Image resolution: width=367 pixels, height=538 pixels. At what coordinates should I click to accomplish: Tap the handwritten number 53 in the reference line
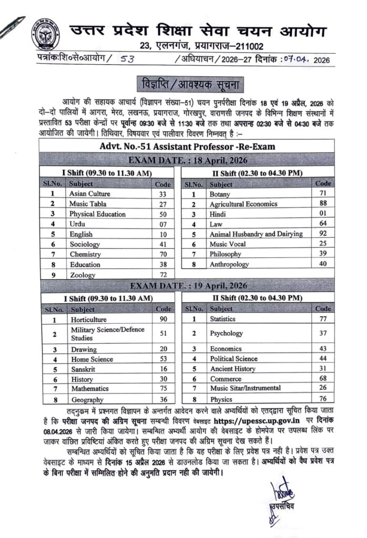click(127, 59)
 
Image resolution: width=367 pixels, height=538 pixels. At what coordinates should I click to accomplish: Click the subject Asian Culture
click(89, 194)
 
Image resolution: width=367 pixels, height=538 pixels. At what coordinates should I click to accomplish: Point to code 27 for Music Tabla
click(162, 204)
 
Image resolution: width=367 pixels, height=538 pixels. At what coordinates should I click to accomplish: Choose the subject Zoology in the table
click(82, 275)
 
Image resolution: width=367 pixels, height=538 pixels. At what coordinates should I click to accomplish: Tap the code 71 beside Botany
click(322, 194)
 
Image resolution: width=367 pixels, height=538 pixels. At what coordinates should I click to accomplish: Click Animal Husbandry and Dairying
click(256, 234)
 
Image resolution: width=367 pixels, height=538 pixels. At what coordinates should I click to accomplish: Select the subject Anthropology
click(229, 264)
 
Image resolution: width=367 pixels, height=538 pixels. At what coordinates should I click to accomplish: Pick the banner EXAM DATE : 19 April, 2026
click(186, 286)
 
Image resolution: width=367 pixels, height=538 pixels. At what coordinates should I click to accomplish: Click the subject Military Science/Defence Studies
click(107, 334)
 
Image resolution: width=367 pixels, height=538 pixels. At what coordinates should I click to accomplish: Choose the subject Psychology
click(226, 333)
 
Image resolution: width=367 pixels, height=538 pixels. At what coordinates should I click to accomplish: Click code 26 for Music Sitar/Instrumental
click(322, 388)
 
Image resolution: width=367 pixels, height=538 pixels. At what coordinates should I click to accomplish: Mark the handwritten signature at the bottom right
click(279, 494)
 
